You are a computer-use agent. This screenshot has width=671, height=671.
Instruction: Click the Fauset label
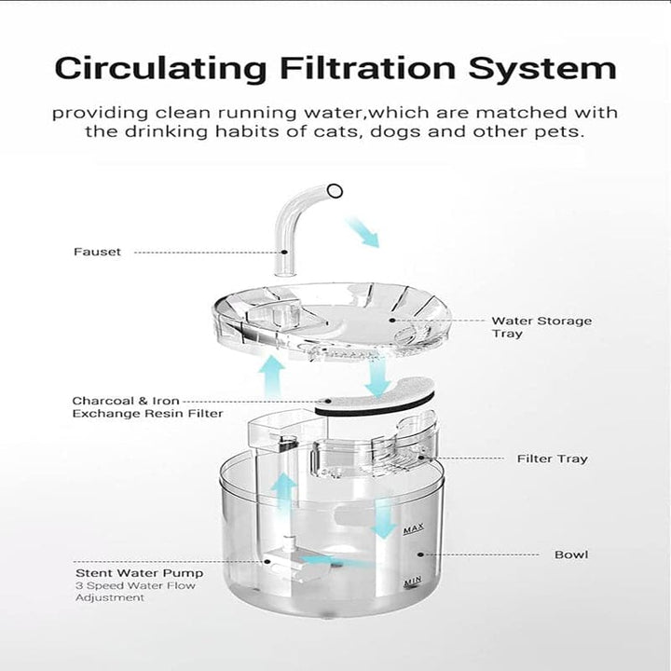point(97,252)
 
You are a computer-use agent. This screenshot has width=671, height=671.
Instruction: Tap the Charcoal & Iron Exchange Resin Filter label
point(147,407)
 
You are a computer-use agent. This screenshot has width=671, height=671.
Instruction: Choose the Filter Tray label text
point(552,459)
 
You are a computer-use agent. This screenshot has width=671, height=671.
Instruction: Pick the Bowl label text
point(570,555)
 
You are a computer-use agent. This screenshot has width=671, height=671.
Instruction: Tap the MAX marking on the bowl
point(413,530)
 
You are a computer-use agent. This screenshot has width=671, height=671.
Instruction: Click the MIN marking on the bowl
point(413,582)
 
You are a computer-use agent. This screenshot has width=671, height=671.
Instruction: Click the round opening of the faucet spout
point(335,191)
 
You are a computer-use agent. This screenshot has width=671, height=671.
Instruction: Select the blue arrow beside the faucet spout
point(363,230)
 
